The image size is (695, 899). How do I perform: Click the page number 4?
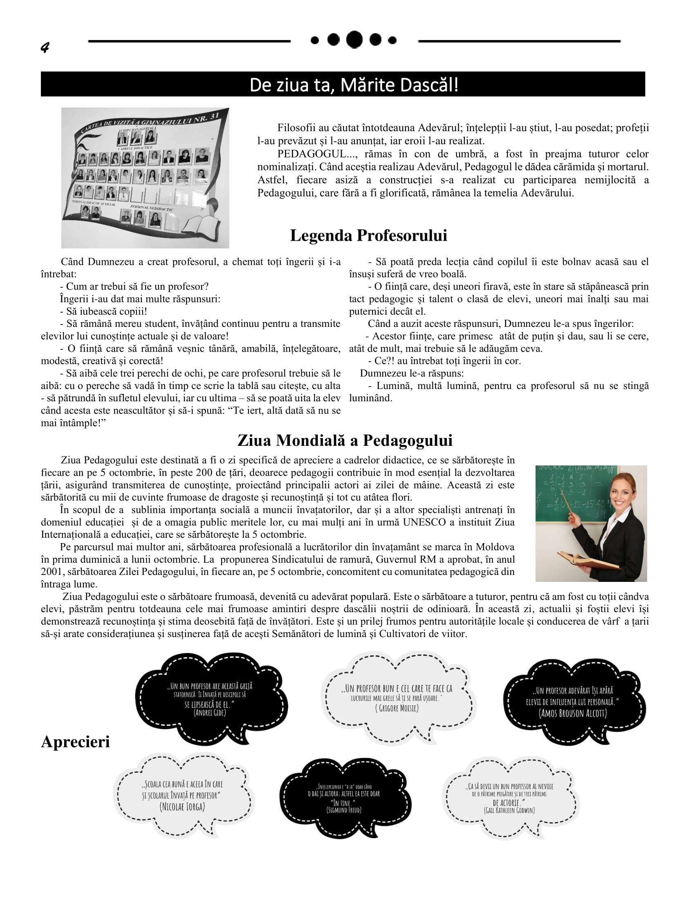click(45, 48)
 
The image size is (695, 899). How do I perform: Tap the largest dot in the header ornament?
click(354, 40)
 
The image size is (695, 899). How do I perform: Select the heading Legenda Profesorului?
click(368, 235)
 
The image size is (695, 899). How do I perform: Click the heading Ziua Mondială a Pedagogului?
click(345, 441)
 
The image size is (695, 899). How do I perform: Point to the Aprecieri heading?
click(75, 742)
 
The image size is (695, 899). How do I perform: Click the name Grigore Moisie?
click(397, 708)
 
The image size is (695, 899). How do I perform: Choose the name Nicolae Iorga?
click(182, 806)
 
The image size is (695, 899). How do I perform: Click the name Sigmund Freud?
click(344, 810)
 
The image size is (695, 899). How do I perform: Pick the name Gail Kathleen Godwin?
click(510, 810)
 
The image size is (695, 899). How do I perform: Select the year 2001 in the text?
click(51, 572)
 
